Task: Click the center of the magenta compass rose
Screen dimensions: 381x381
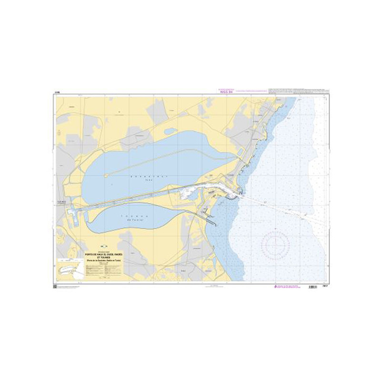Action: [275, 244]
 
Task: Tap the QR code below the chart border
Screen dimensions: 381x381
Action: [55, 287]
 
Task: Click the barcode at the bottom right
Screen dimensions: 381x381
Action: [312, 287]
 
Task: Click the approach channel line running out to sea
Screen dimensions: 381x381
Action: [286, 208]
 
